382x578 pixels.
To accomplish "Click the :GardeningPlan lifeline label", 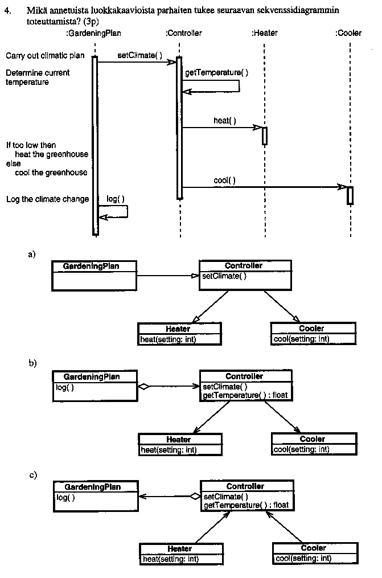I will pos(94,33).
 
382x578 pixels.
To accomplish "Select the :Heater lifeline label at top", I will pos(265,33).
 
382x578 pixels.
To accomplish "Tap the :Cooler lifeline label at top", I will pos(348,33).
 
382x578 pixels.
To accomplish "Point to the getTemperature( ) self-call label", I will pos(217,73).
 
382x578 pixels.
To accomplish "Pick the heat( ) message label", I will pos(225,120).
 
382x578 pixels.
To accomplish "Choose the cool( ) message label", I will pos(225,180).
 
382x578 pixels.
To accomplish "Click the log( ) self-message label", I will pos(116,199).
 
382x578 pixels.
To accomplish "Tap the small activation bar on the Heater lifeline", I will pos(265,136).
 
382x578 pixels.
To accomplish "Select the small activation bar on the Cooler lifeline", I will pos(350,195).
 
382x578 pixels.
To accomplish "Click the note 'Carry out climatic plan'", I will pos(45,56).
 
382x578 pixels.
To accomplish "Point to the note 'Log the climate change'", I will pos(47,199).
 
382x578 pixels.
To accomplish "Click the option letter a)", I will pos(32,255).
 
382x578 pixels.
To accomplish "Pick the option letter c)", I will pos(32,474).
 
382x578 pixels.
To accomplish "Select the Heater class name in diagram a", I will pos(178,329).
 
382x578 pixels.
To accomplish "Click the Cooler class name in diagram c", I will pos(314,548).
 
